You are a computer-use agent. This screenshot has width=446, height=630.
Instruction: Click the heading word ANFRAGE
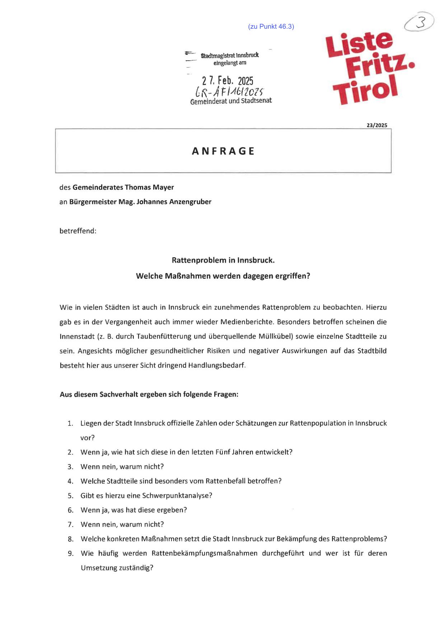(x=223, y=151)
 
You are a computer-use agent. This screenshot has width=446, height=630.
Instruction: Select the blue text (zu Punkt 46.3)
(x=271, y=27)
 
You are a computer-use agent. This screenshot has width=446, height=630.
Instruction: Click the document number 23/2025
(x=377, y=125)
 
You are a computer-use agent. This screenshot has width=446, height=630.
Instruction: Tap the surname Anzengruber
(x=190, y=202)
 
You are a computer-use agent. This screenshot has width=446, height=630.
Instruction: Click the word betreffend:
(x=78, y=231)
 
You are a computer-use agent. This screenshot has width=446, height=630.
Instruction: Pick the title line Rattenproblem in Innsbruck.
(x=223, y=260)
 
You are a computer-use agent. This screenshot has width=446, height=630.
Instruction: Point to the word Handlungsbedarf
(x=216, y=366)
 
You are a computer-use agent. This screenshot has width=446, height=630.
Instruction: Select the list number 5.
(x=70, y=496)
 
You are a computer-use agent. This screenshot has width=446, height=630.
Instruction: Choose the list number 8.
(x=70, y=539)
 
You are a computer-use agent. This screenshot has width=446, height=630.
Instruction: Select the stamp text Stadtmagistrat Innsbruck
(x=230, y=56)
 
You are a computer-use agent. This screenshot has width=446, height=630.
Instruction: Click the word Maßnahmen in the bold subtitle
(x=187, y=276)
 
